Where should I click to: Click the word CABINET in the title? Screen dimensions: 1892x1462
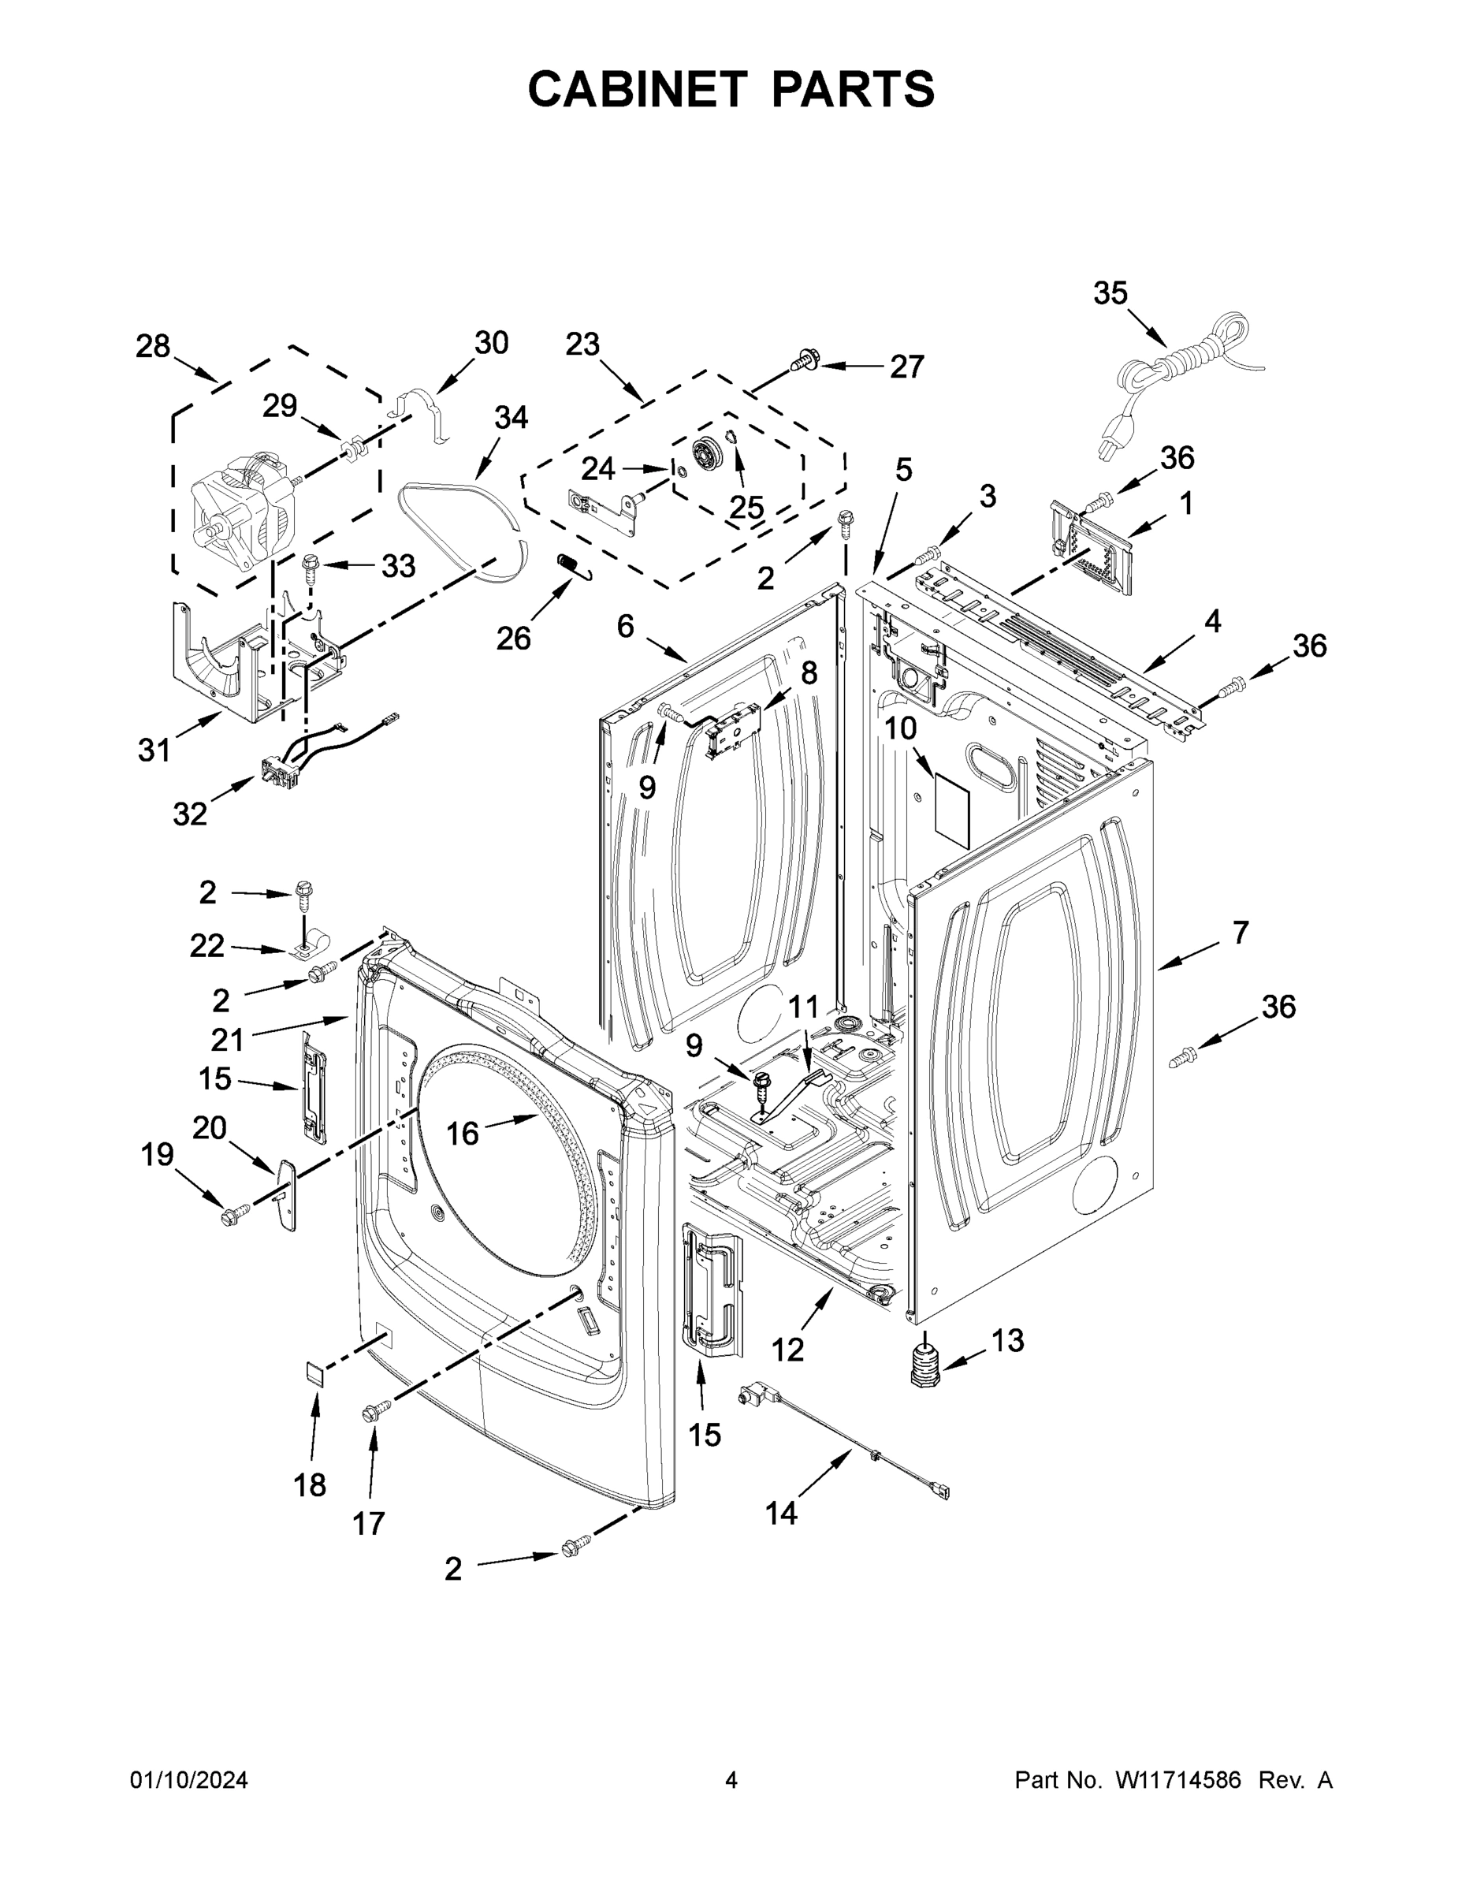tap(637, 88)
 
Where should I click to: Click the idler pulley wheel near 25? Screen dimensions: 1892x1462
tap(708, 454)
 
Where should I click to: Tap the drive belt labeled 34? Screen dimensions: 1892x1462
tap(459, 520)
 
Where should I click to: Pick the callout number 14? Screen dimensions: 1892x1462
tap(780, 1513)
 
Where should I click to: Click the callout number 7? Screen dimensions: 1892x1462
tap(1241, 933)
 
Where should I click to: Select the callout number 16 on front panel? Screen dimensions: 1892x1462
tap(462, 1133)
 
